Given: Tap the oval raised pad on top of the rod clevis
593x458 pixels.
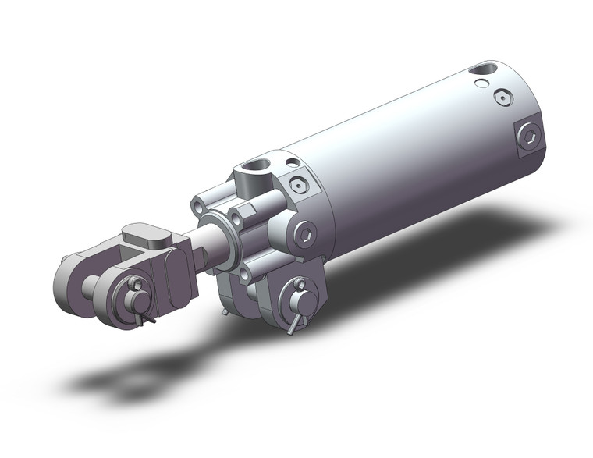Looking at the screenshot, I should point(146,233).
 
